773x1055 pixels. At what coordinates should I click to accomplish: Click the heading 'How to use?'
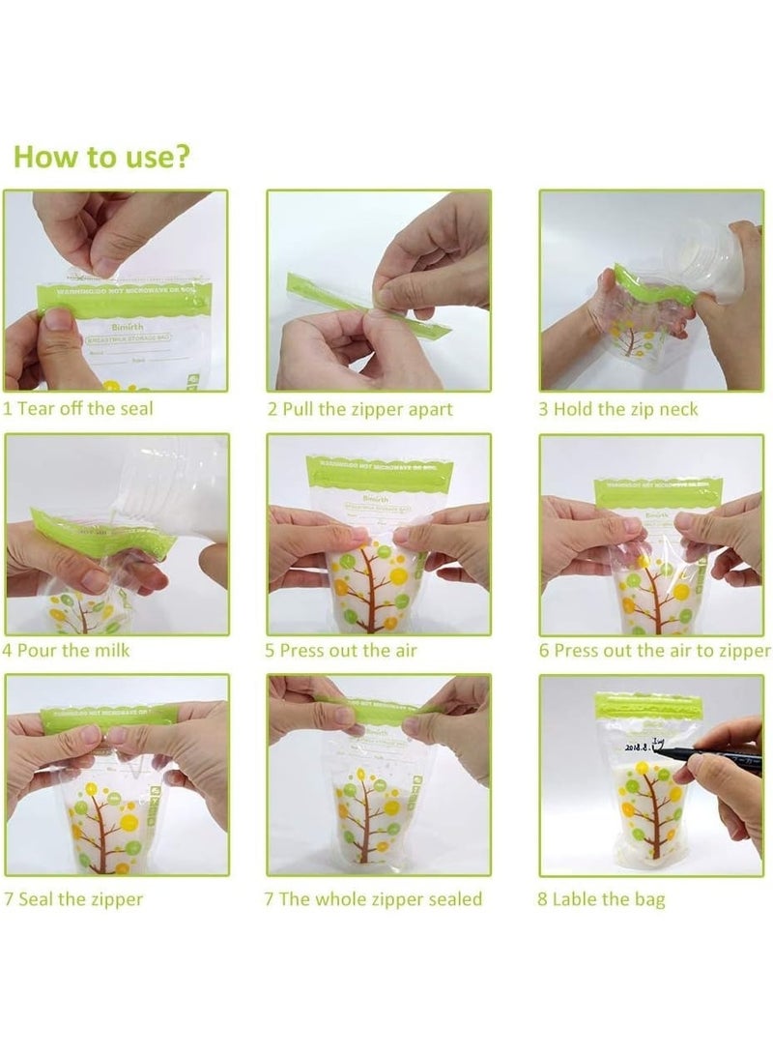pos(100,157)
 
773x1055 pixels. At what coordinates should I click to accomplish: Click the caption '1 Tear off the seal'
pos(77,408)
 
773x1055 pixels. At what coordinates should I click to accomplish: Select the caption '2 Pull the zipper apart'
pos(359,409)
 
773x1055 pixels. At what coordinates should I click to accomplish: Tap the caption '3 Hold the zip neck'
pos(617,409)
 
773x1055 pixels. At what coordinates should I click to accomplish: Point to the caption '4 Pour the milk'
pos(66,650)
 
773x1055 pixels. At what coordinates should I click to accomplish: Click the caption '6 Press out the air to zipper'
pos(655,650)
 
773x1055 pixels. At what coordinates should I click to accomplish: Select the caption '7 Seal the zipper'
pos(73,899)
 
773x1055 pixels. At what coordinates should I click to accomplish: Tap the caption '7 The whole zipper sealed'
pos(373,899)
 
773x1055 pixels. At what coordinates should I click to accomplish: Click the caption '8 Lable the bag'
pos(602,900)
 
